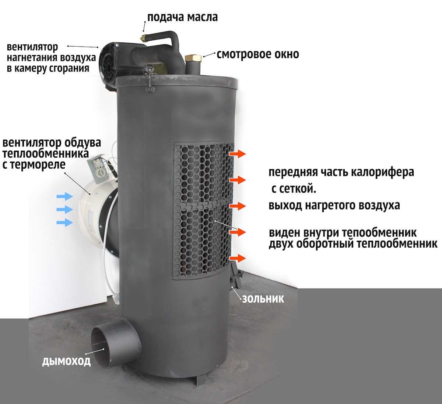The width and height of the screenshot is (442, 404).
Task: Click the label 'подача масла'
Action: pos(182,17)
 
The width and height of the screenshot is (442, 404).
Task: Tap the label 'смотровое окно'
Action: pos(258,54)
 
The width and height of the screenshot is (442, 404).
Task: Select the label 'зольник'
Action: pos(263,299)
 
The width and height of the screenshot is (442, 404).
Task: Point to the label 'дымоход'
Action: pos(66,362)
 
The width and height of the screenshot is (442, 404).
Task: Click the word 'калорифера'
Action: pos(382,172)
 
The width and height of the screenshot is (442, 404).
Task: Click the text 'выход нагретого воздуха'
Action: pos(334,205)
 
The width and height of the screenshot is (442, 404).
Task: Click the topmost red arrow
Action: pos(237,154)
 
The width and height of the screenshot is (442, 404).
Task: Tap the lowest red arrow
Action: pos(237,258)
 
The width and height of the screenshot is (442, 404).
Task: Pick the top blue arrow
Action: pos(64,196)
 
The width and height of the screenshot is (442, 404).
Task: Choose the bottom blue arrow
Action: pos(64,222)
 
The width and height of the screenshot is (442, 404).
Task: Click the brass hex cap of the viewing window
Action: pos(193,58)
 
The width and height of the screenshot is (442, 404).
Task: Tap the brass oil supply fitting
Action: pos(144,37)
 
